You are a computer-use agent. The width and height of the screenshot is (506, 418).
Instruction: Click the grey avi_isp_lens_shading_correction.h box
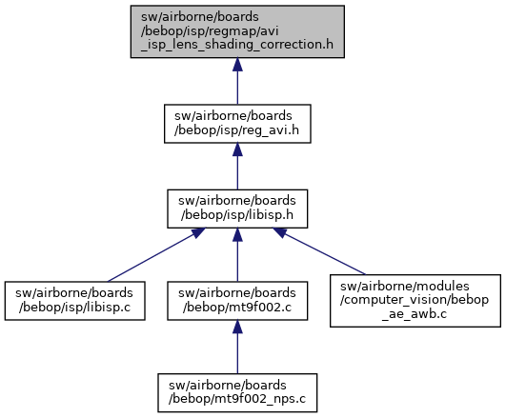point(237,31)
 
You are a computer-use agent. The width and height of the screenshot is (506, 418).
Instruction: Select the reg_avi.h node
point(237,124)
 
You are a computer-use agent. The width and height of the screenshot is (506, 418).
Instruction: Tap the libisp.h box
point(237,209)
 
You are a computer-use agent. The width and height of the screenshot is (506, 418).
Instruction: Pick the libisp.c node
point(75,301)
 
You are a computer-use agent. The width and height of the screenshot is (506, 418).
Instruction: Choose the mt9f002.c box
point(237,301)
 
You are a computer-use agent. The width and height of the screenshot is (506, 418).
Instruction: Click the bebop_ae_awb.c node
point(415,301)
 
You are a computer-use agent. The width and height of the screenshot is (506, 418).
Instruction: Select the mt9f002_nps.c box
point(237,393)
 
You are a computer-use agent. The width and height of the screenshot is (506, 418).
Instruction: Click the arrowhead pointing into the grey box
point(237,65)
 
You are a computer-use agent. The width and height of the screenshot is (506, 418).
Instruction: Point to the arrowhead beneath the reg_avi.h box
point(237,149)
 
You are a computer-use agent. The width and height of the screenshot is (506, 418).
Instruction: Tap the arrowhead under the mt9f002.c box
point(237,327)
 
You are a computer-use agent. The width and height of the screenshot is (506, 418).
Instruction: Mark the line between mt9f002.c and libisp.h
point(237,255)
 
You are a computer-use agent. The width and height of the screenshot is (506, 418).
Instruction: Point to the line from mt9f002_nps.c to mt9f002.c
point(237,347)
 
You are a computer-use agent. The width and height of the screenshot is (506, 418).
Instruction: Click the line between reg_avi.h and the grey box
point(237,81)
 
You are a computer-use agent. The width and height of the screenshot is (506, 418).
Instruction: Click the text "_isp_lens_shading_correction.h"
point(237,45)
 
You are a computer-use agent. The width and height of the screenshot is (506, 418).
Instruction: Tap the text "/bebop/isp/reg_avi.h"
point(236,130)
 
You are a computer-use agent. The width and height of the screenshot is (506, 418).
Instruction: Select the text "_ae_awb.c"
point(415,314)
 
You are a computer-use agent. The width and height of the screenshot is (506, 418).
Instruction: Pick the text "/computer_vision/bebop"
point(415,300)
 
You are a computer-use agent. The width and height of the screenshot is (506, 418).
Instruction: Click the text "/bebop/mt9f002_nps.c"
point(237,399)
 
